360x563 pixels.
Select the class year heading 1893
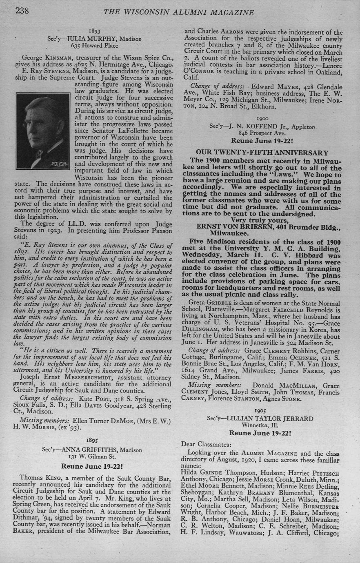click(94, 31)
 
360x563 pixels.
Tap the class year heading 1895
click(92, 441)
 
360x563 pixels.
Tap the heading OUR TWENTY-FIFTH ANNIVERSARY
click(262, 153)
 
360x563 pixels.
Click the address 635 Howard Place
click(94, 45)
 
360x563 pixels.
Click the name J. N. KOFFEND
click(250, 126)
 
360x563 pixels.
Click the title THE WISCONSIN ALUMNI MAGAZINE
click(179, 13)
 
